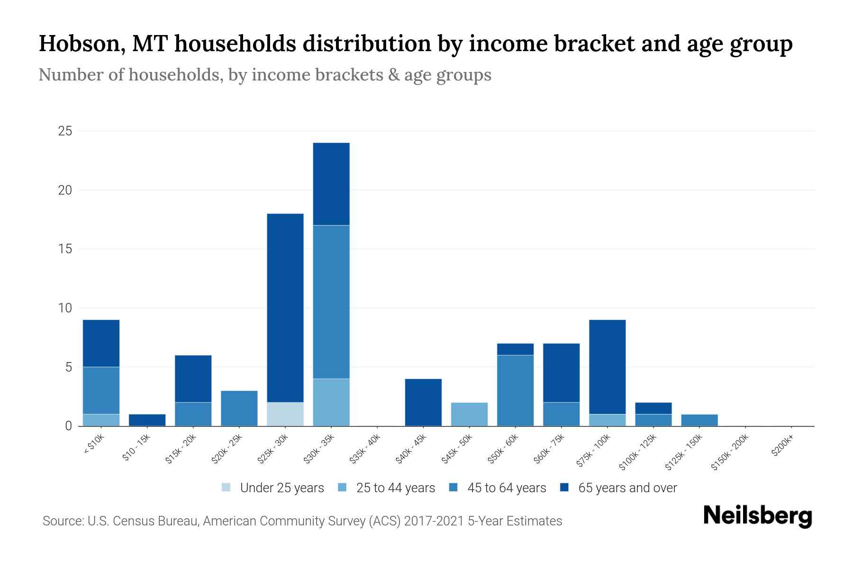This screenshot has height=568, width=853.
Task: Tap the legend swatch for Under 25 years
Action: (x=227, y=488)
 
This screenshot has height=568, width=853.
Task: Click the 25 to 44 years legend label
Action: (x=395, y=488)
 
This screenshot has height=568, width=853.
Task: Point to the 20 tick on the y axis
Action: (x=65, y=190)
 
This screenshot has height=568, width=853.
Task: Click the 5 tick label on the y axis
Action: (x=68, y=367)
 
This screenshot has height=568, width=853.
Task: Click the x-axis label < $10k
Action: (x=94, y=445)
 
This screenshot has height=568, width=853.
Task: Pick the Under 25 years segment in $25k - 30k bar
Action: (x=285, y=414)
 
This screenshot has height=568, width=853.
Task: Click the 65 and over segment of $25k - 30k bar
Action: (x=285, y=308)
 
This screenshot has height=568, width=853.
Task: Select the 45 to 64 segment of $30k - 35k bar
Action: (x=331, y=302)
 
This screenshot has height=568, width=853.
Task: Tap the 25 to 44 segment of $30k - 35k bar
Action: (x=331, y=402)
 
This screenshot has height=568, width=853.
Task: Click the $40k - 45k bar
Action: (x=423, y=402)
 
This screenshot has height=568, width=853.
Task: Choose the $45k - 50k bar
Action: (x=469, y=414)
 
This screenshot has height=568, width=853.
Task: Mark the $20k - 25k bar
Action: (x=239, y=408)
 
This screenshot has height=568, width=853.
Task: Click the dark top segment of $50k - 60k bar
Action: (x=515, y=349)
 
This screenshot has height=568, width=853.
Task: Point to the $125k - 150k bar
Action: (x=699, y=420)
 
